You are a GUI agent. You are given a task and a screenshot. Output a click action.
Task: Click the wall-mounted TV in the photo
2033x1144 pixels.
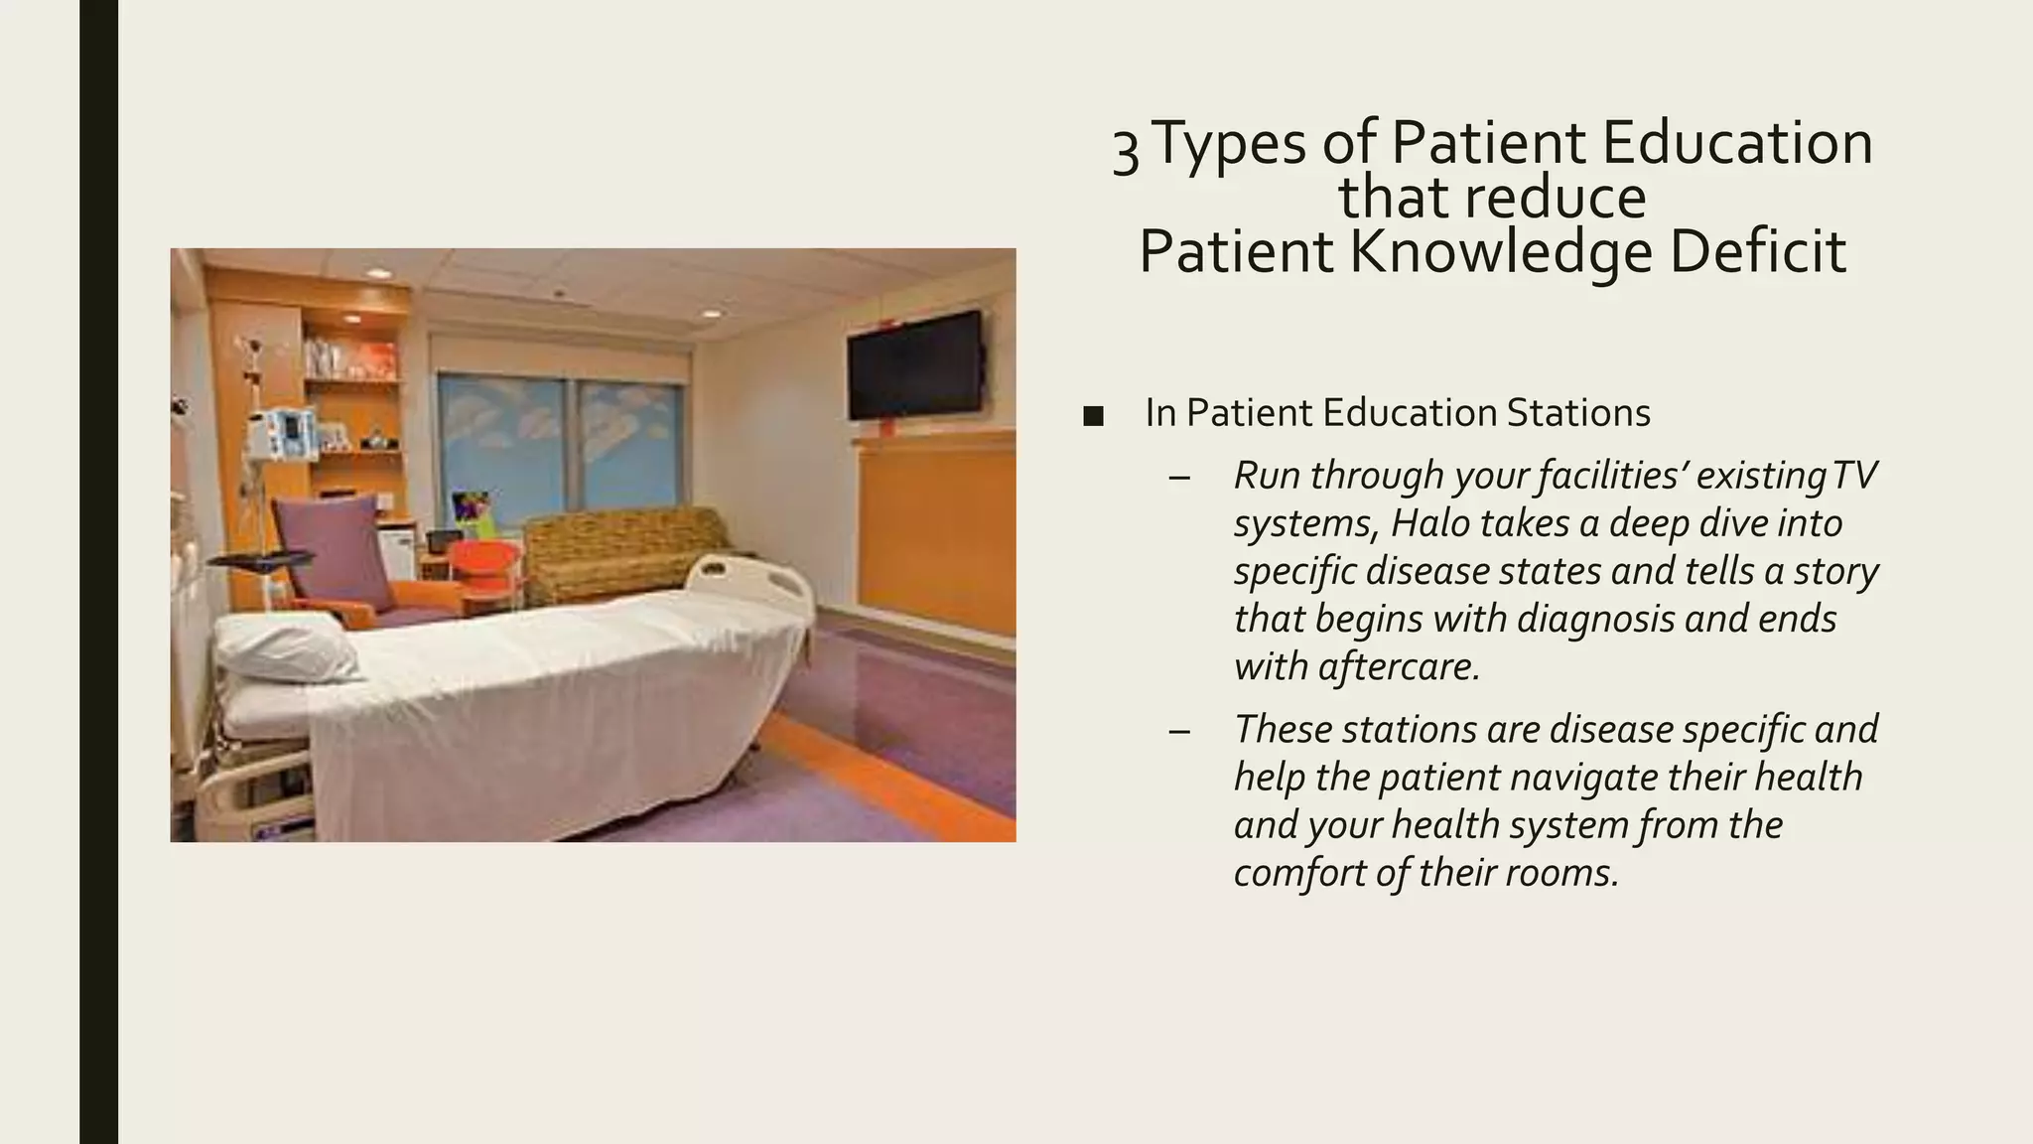pos(914,364)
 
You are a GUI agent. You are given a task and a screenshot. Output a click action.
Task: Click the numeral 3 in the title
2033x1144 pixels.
pos(1125,151)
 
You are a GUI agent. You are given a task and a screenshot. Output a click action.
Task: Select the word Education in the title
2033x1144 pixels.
pos(1736,142)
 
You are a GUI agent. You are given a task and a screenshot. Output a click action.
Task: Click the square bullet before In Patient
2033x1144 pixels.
pos(1094,416)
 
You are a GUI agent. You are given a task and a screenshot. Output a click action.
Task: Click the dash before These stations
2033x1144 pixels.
pos(1179,731)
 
